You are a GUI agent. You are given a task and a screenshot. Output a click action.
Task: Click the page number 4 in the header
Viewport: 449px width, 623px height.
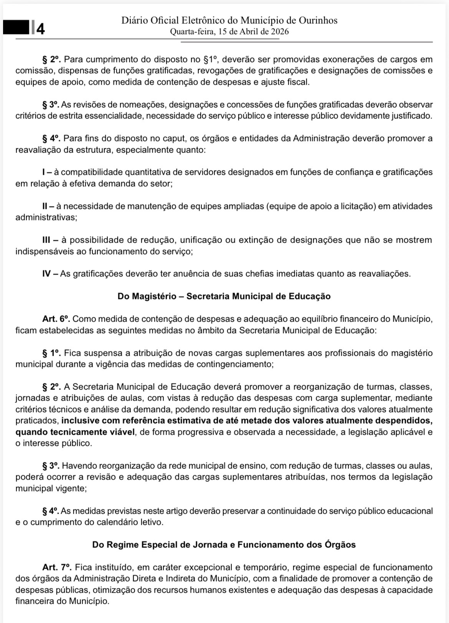pyautogui.click(x=40, y=29)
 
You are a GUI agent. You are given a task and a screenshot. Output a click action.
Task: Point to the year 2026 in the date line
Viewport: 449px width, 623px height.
pyautogui.click(x=280, y=32)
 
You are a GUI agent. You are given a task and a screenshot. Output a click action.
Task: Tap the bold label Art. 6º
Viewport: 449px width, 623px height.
pyautogui.click(x=56, y=319)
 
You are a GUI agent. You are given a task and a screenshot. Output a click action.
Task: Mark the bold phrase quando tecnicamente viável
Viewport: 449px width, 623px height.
pyautogui.click(x=75, y=432)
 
